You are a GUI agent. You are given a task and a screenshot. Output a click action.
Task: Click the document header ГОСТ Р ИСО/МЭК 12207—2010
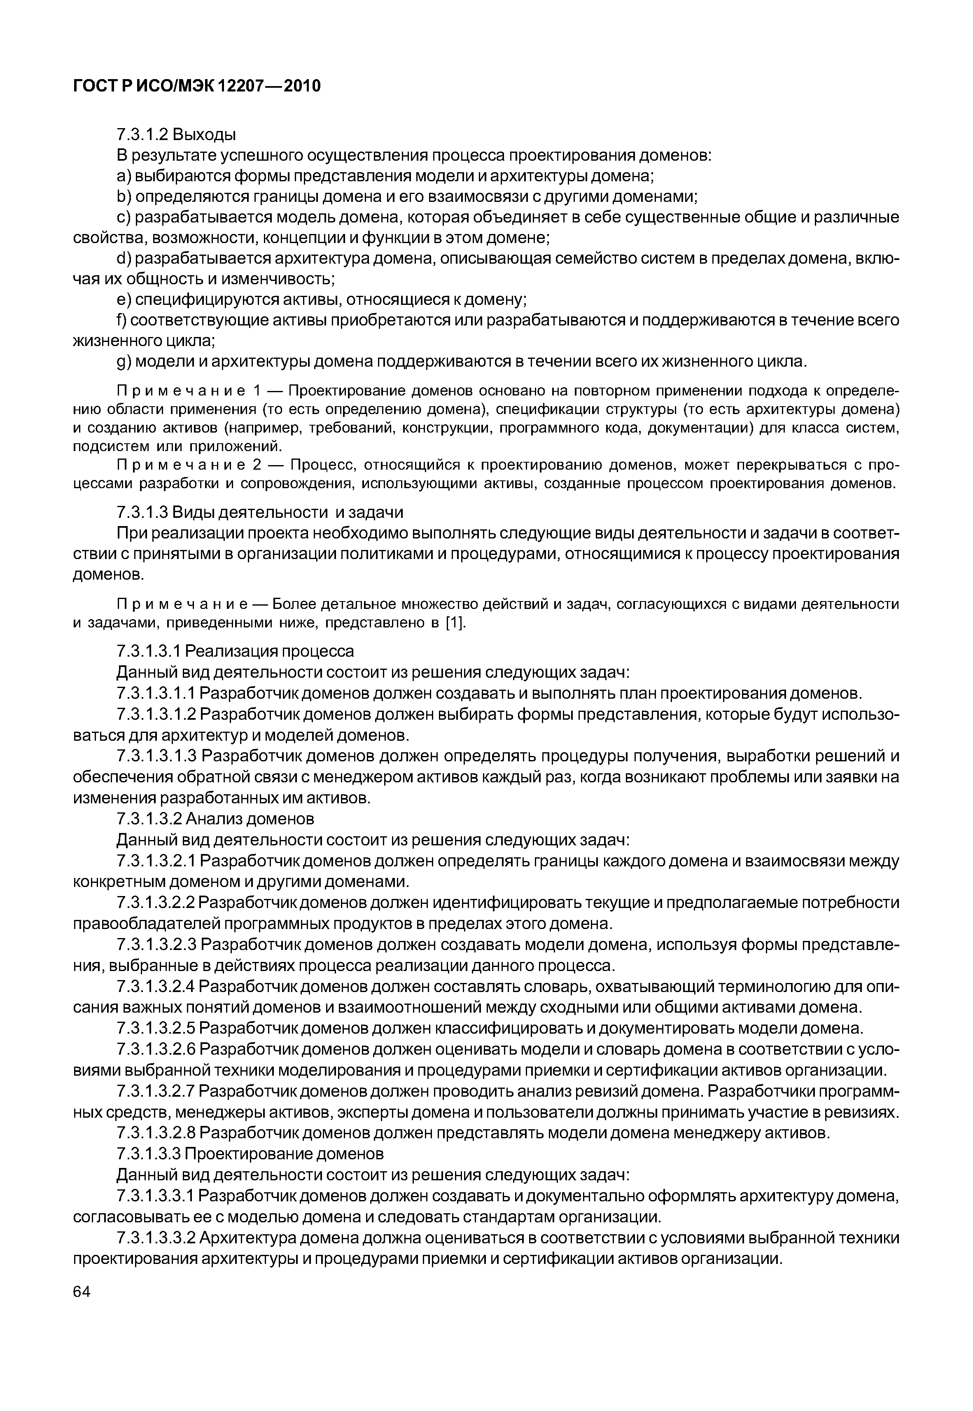[196, 87]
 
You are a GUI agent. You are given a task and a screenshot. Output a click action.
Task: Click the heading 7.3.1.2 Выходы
[176, 134]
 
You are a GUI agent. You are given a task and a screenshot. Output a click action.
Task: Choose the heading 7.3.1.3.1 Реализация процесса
[235, 651]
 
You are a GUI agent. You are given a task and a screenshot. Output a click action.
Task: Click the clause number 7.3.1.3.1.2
[156, 714]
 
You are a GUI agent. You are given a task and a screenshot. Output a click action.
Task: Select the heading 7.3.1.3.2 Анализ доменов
[215, 818]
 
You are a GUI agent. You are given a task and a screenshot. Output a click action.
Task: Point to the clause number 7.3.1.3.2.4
[156, 987]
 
